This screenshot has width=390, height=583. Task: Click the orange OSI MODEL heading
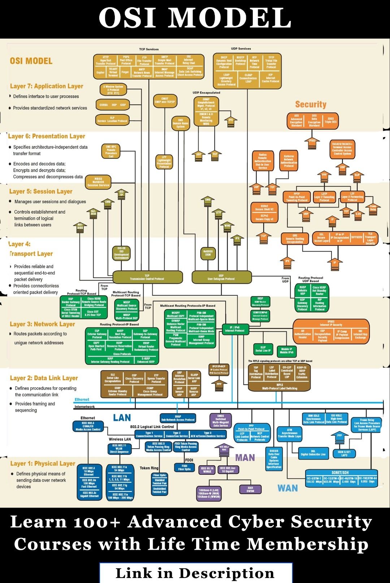click(x=31, y=61)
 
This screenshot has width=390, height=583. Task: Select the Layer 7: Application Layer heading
click(x=47, y=86)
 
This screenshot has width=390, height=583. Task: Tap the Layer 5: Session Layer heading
click(x=41, y=191)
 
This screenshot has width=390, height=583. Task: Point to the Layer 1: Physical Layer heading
click(x=43, y=464)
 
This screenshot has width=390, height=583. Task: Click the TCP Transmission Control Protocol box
click(x=147, y=277)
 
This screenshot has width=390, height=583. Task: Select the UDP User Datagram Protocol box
click(x=221, y=277)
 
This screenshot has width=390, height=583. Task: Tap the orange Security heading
click(x=311, y=105)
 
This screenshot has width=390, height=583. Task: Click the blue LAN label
click(x=122, y=418)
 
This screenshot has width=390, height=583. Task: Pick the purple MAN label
click(x=245, y=458)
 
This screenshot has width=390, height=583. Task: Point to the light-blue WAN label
click(x=287, y=488)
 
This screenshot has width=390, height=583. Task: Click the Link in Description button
click(x=195, y=573)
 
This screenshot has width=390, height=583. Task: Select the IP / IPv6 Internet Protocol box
click(x=235, y=329)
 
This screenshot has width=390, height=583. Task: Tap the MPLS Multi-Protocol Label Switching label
click(x=279, y=387)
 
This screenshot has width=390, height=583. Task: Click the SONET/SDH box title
click(x=340, y=473)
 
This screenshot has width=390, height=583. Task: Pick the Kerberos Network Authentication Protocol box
click(x=289, y=161)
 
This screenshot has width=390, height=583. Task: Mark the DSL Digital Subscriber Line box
click(x=313, y=453)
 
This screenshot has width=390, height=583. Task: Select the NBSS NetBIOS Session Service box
click(x=98, y=182)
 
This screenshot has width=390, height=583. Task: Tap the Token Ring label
click(x=149, y=468)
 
